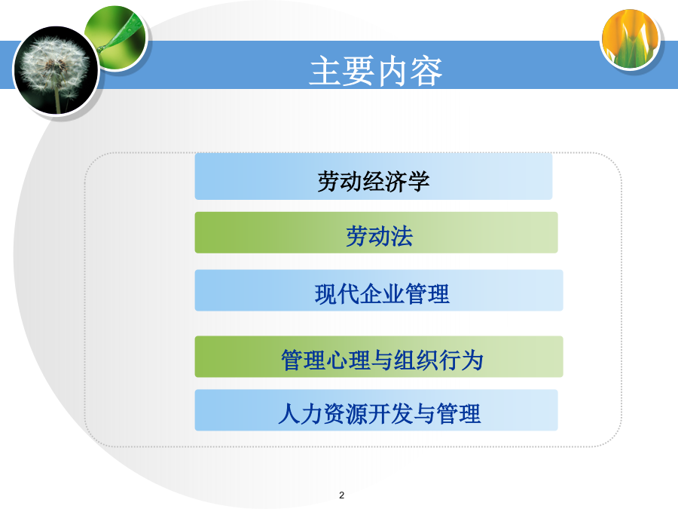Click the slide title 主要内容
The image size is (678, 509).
coord(376,71)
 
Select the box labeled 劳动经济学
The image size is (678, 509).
coord(374,176)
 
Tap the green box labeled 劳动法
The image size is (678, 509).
coord(376,232)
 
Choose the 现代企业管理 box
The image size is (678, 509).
coord(379,290)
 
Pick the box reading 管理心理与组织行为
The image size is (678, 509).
coord(379,357)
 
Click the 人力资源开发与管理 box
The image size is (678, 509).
coord(376,410)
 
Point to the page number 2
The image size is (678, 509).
coord(341,495)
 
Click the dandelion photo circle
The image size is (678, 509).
coord(56,70)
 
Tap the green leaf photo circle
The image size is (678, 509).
coord(117,37)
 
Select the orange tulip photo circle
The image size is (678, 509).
coord(631,39)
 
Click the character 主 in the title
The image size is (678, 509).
coord(325,72)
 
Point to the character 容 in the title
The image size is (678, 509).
coord(426,72)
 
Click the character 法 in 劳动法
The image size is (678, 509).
coord(402,236)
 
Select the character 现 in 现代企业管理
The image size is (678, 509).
coord(326,294)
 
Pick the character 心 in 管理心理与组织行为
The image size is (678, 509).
coord(337,360)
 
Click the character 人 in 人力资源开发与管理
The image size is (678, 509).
coord(289,413)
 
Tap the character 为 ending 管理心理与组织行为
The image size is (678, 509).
coord(472,360)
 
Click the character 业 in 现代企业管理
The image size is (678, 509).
coord(393,294)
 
